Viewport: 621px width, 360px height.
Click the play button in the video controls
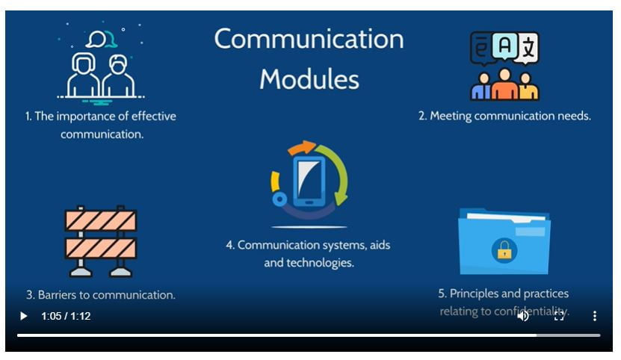24,316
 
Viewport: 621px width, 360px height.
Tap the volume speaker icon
523,316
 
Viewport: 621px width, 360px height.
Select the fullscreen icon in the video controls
559,316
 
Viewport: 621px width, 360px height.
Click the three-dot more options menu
594,316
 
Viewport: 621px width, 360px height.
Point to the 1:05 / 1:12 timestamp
66,316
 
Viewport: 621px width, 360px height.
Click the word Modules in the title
309,79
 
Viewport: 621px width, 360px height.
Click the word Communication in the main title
309,39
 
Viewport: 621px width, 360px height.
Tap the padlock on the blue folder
504,250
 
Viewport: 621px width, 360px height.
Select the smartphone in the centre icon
309,181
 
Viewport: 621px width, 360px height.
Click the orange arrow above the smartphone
302,147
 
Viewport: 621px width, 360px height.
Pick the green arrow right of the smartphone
336,174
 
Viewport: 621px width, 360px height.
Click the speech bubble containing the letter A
504,46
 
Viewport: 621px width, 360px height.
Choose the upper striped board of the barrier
101,220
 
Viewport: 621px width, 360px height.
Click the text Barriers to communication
101,295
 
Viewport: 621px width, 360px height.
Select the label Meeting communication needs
504,116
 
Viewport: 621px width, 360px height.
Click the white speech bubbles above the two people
102,39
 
